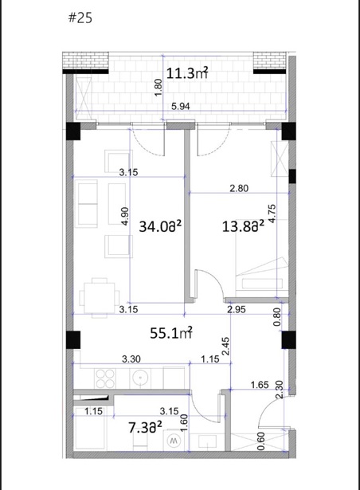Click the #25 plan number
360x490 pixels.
coord(80,18)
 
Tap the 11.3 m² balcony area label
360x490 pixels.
coord(187,73)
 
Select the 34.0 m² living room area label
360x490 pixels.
coord(160,226)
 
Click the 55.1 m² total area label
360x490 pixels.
coord(171,333)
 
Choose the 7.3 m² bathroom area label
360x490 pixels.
coord(145,428)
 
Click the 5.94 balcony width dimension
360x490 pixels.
coord(181,106)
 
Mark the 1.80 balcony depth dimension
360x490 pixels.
coord(158,88)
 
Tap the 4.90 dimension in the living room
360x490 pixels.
coord(125,216)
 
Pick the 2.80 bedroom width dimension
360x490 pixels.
coord(239,188)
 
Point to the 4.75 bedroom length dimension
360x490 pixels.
coord(272,214)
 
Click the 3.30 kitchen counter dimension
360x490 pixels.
coord(131,359)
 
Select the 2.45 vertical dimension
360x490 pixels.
coord(225,347)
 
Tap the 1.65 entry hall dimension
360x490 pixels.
coord(260,385)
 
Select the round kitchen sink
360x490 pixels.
coord(141,378)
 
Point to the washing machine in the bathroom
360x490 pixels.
coord(174,441)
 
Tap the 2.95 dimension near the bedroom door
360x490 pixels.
coord(237,309)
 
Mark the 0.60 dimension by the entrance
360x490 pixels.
coord(261,441)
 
